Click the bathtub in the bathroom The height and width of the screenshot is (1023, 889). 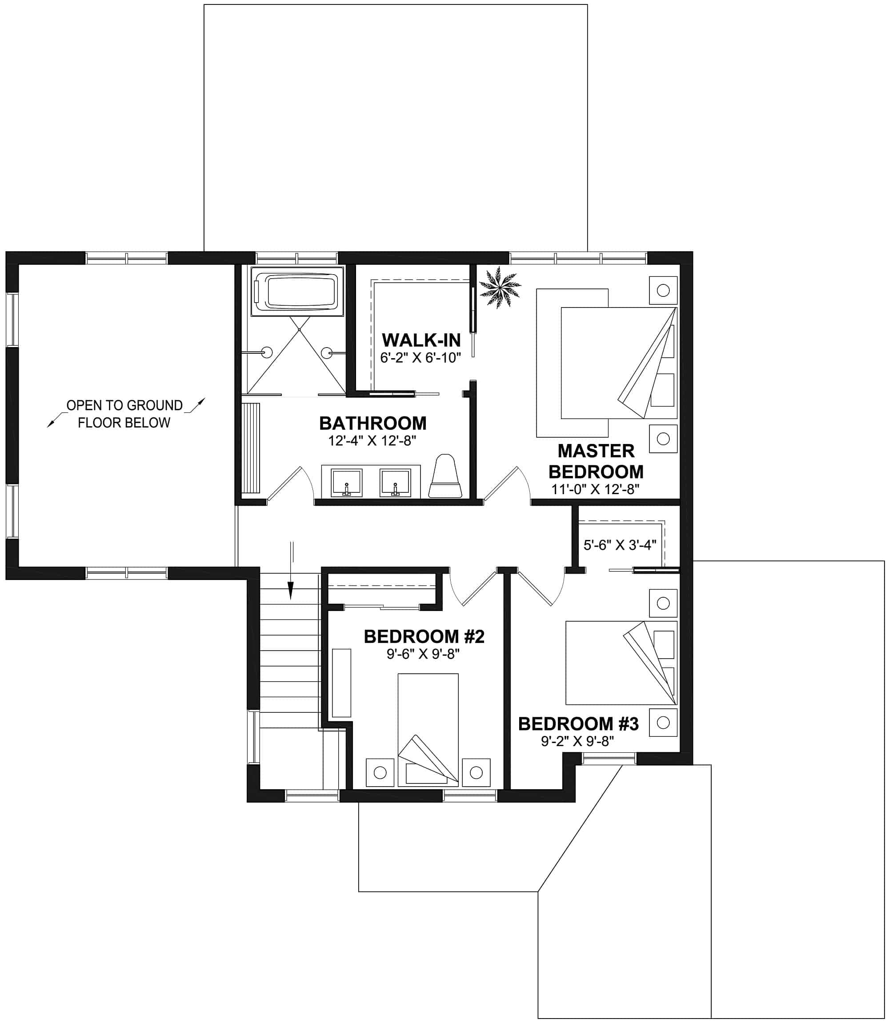click(x=296, y=291)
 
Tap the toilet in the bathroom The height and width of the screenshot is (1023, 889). click(x=445, y=476)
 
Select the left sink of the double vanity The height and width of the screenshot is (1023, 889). click(x=346, y=483)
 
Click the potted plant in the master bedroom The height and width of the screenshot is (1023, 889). click(x=500, y=287)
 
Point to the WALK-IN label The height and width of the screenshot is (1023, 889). click(x=421, y=340)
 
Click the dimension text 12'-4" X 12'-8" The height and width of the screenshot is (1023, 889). click(x=372, y=440)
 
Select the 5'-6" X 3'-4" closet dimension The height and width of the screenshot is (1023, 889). click(x=620, y=545)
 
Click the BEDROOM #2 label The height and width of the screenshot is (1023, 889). click(x=424, y=636)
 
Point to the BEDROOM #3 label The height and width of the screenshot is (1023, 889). click(x=578, y=723)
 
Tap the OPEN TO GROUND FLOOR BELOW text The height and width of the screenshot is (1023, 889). click(x=124, y=414)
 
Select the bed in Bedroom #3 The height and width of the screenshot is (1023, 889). click(x=621, y=663)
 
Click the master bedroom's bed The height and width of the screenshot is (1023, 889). click(x=618, y=363)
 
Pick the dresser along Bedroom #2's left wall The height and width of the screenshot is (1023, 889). click(x=341, y=683)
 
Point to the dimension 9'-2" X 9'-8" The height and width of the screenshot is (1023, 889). click(x=577, y=741)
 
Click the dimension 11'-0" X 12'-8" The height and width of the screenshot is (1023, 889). click(x=595, y=489)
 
